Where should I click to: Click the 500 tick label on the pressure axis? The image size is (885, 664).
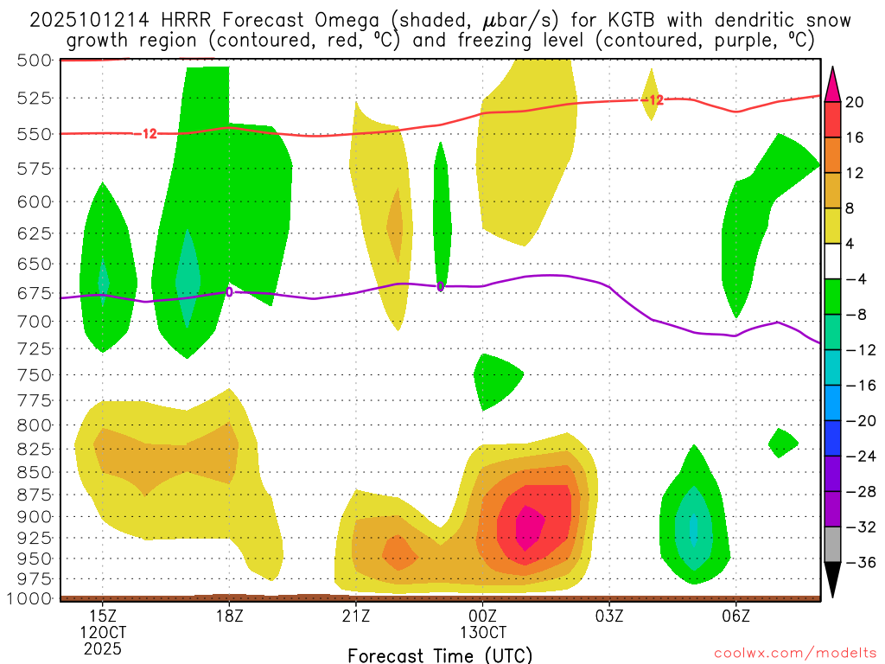tap(34, 60)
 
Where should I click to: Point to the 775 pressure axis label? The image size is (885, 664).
tap(34, 400)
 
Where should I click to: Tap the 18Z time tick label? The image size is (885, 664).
tap(229, 616)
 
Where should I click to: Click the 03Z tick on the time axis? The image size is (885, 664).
tap(609, 616)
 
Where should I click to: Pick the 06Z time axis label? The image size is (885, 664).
tap(735, 616)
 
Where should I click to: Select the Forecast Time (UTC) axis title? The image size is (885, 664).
tap(440, 654)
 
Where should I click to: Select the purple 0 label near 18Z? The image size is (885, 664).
tap(229, 292)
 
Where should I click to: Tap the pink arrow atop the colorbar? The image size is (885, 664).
tap(832, 84)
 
